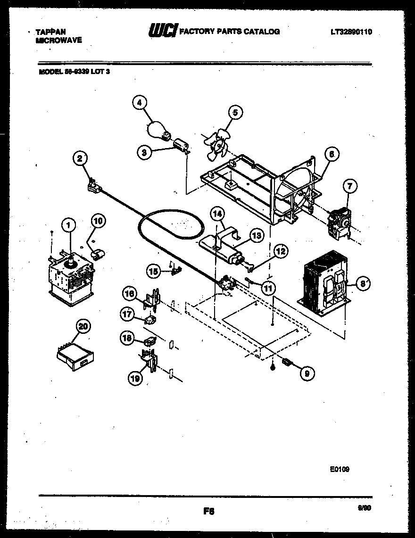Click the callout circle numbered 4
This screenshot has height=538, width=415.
pos(140,102)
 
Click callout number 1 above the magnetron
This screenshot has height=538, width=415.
pos(69,226)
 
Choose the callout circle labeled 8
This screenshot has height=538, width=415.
pos(362,284)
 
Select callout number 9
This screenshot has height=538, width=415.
pos(307,373)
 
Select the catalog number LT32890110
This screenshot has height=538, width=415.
pos(351,32)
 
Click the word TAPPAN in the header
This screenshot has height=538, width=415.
pos(50,32)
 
